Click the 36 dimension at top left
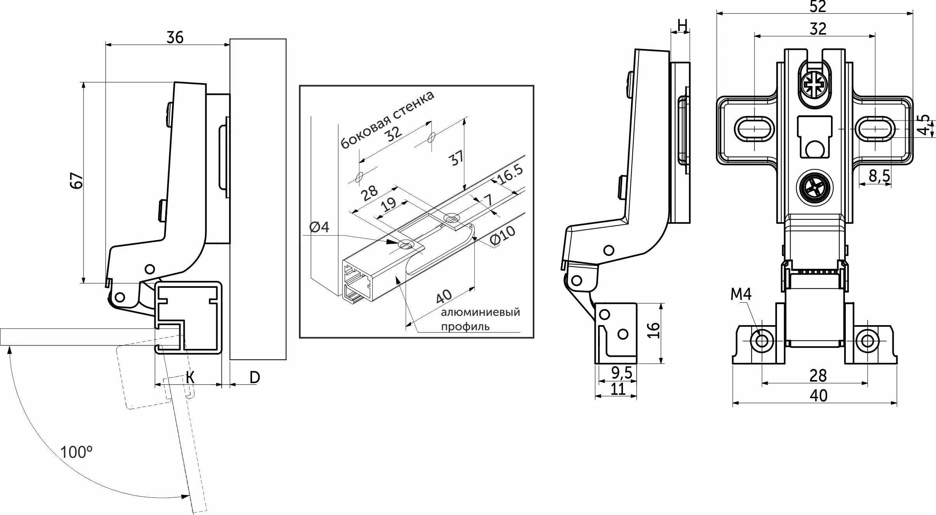click(175, 38)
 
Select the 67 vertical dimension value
click(77, 180)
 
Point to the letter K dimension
click(190, 377)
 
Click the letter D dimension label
click(254, 377)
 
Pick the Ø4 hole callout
click(320, 227)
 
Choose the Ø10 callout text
click(502, 236)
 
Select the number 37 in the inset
click(457, 158)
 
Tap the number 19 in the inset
click(388, 204)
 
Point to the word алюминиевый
click(480, 312)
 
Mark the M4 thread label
click(741, 294)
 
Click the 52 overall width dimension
click(818, 7)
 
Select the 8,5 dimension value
click(879, 176)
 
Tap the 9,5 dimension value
click(622, 373)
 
